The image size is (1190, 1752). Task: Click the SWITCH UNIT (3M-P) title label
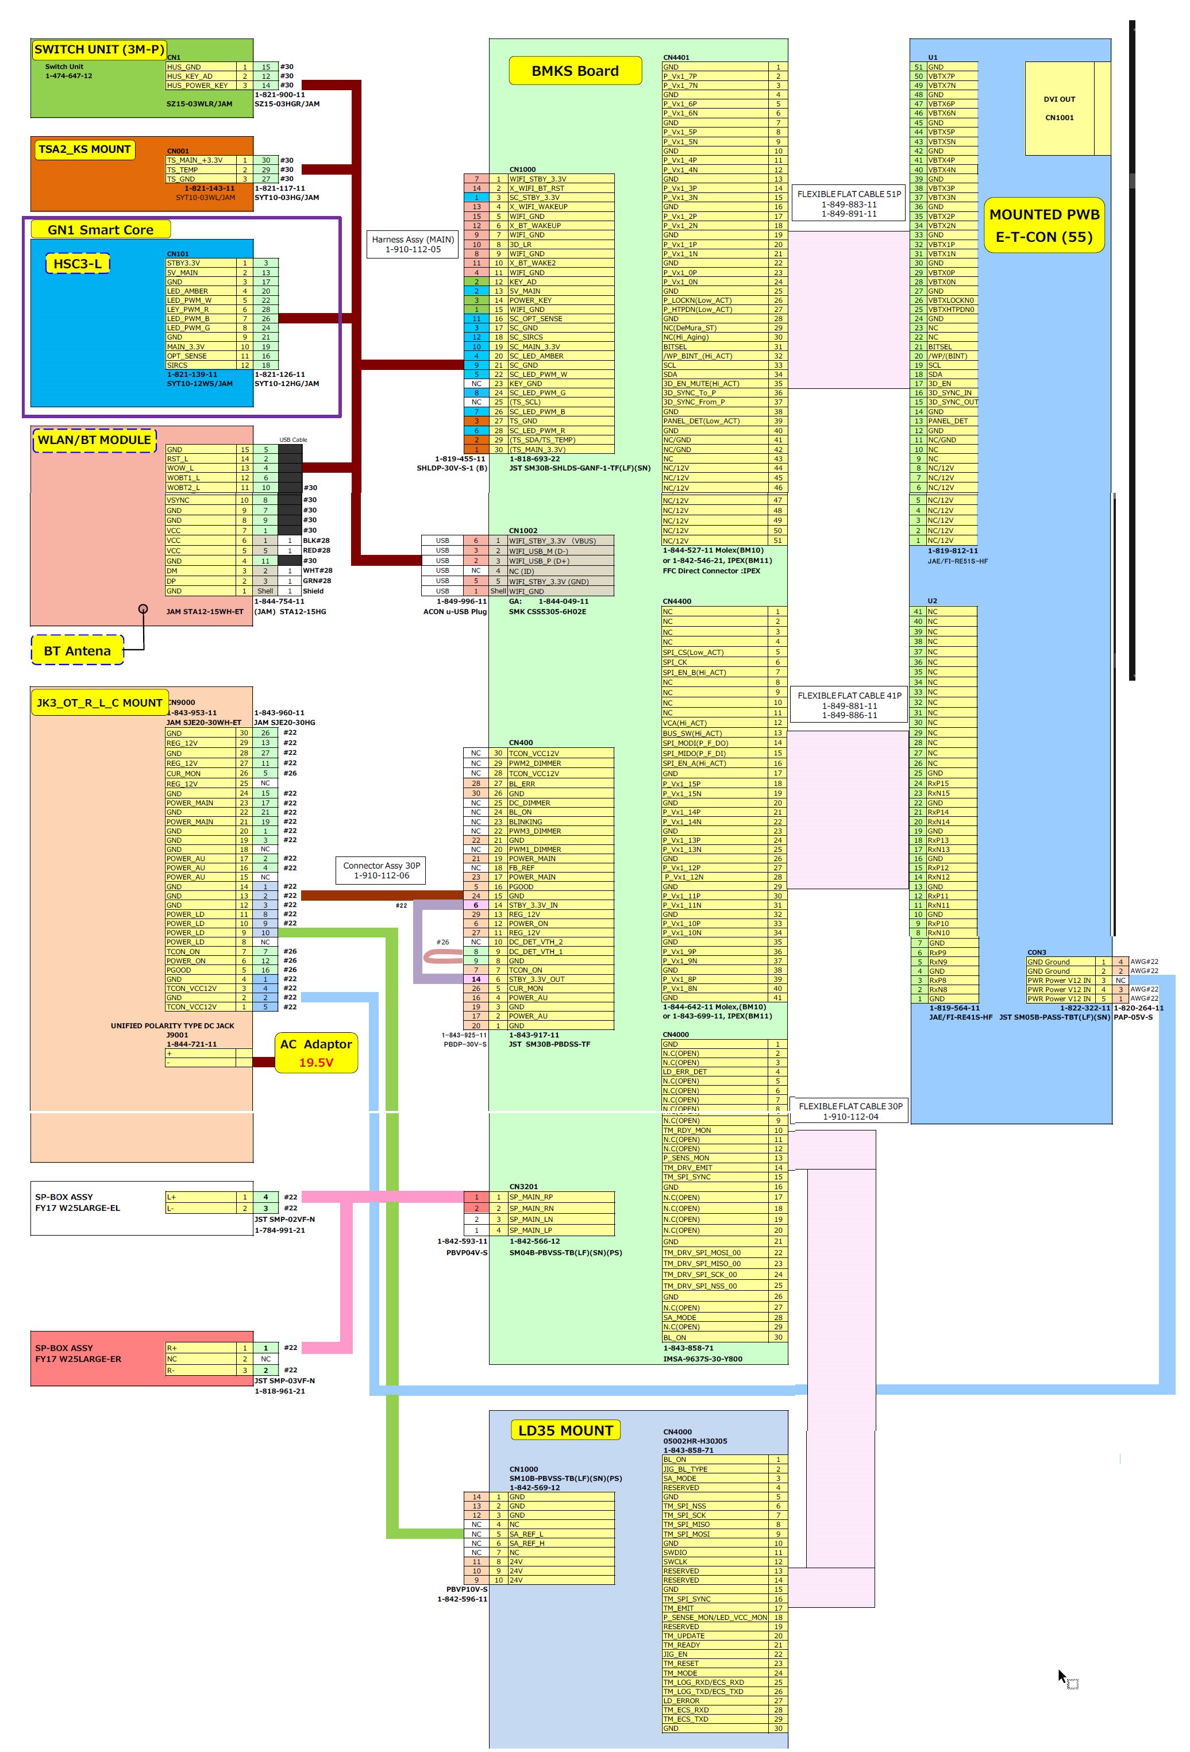[99, 50]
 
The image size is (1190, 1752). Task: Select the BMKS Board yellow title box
[575, 71]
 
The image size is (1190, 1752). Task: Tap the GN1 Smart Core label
[101, 230]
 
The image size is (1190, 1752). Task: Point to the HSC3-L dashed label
[77, 264]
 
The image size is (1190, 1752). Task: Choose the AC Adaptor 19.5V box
[316, 1052]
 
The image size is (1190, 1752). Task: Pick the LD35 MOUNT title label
[565, 1430]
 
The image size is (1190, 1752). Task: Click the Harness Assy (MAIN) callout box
[413, 244]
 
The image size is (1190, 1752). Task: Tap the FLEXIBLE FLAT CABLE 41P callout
[849, 705]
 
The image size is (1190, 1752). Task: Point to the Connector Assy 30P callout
[381, 870]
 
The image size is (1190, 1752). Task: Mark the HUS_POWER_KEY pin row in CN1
[197, 85]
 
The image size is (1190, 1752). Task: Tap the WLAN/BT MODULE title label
[94, 440]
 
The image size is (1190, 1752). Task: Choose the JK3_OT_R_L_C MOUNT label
[99, 703]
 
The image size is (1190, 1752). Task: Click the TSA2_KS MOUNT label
[84, 149]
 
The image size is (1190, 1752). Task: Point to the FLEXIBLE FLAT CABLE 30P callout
[850, 1110]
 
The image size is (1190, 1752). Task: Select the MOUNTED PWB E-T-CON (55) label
[1045, 225]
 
